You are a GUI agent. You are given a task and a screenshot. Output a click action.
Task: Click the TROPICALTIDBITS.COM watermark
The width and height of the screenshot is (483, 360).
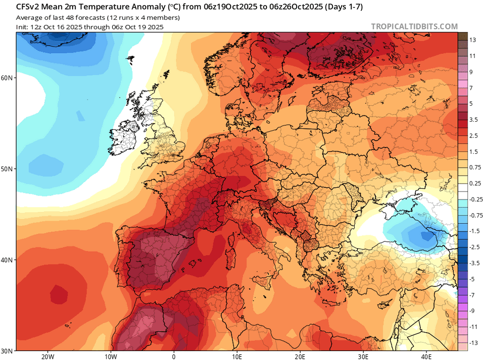click(414, 26)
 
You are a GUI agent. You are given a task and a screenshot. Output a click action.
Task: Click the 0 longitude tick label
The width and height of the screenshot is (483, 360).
click(174, 356)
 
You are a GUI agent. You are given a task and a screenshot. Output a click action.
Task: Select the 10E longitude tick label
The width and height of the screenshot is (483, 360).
click(237, 356)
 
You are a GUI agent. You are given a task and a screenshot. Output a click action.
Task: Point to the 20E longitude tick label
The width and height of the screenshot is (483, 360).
click(300, 356)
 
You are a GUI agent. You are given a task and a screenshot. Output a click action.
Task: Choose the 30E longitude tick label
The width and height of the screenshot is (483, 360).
click(363, 356)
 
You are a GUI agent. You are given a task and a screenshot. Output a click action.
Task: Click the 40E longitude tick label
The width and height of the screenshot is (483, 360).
click(426, 356)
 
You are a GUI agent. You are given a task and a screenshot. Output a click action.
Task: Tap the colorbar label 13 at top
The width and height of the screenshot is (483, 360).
click(472, 40)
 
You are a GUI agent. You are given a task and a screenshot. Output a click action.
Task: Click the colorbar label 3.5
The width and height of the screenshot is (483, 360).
click(473, 120)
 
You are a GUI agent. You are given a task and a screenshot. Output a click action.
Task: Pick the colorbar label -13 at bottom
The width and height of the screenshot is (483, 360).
click(473, 343)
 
